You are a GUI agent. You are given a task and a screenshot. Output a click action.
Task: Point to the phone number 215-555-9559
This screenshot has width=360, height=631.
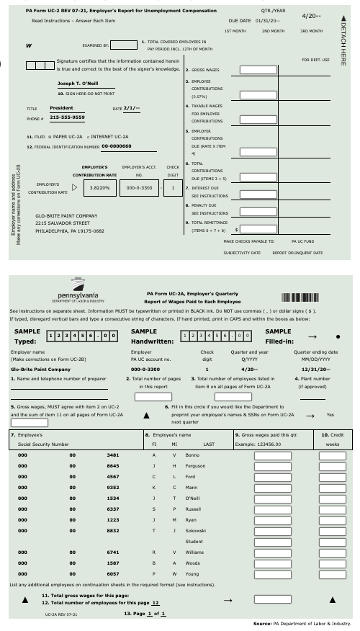[x=67, y=117]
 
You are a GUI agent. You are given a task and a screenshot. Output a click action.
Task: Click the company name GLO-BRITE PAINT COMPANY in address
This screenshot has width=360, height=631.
[x=66, y=215]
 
